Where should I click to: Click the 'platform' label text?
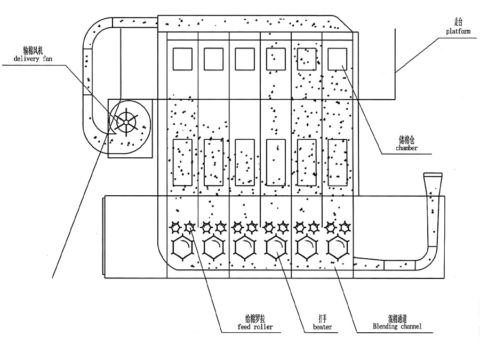click(458, 31)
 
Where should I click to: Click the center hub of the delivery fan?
click(125, 122)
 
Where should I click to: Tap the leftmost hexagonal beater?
click(182, 248)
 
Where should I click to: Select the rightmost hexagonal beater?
click(337, 248)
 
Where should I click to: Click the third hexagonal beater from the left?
click(244, 248)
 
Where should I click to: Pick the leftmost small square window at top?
click(182, 59)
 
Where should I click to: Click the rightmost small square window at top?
click(337, 59)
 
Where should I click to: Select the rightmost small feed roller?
click(345, 228)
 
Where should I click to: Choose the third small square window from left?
click(244, 59)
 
